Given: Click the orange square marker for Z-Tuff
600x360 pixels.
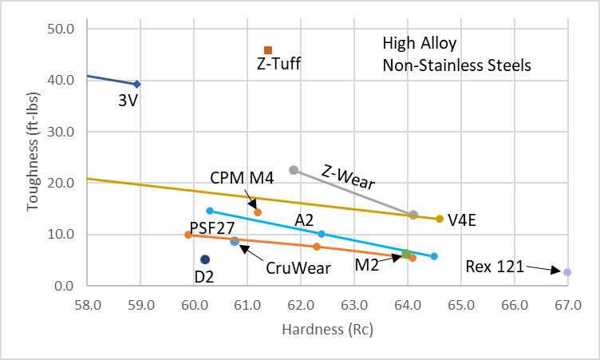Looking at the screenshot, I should click(x=268, y=50).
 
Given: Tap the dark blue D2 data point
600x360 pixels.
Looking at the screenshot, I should click(x=205, y=259).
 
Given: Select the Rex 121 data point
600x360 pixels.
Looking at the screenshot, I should click(x=567, y=272).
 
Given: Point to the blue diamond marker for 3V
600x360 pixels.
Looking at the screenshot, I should click(x=137, y=84).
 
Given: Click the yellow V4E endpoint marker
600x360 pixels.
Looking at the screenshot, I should click(x=440, y=219).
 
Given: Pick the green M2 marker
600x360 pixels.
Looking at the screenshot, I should click(x=406, y=254).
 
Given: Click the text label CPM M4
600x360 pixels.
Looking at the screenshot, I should click(x=243, y=177).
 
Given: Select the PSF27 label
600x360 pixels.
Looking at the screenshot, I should click(x=212, y=227).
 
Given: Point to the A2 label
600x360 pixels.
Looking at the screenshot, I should click(x=304, y=219).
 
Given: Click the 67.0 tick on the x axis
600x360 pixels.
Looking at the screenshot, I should click(x=567, y=304).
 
